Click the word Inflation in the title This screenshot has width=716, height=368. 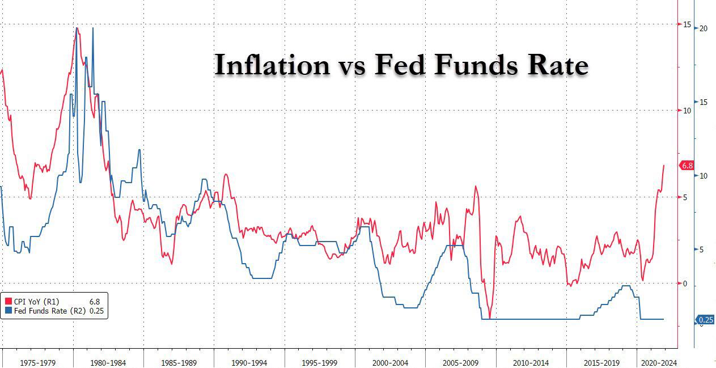(x=272, y=65)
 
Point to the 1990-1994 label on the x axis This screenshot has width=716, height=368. (x=249, y=361)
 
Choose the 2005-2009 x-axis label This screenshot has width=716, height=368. (x=461, y=361)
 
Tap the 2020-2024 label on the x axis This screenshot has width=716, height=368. (x=658, y=361)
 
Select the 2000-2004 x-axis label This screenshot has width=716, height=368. (x=391, y=361)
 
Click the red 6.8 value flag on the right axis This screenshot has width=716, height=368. (x=687, y=166)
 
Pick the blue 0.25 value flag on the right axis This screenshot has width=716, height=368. (x=705, y=320)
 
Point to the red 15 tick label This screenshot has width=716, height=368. (x=687, y=24)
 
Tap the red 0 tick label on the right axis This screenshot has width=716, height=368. (x=684, y=284)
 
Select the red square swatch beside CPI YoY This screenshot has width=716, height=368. (x=9, y=302)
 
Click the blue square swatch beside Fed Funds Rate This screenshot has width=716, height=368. (x=9, y=311)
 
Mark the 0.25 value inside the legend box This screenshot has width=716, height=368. (x=97, y=311)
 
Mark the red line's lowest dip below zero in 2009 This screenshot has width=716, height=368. (x=490, y=318)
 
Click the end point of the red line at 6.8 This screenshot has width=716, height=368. (x=663, y=166)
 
